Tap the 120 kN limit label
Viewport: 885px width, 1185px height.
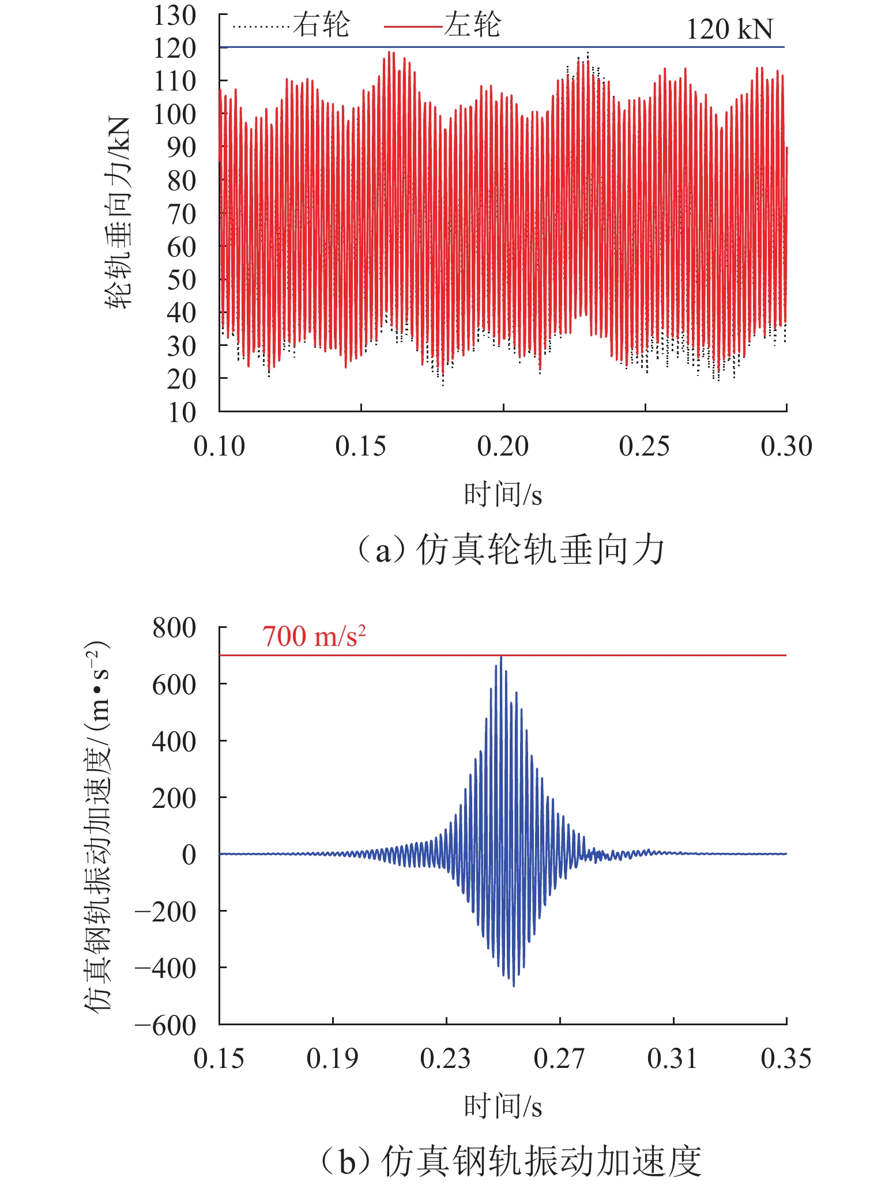[729, 29]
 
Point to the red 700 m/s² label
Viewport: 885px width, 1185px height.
[314, 637]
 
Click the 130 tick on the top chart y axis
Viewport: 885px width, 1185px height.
[175, 16]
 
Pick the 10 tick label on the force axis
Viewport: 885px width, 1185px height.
[182, 413]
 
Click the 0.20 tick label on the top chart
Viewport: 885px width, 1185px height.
[503, 446]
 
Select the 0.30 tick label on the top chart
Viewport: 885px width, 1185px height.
[786, 446]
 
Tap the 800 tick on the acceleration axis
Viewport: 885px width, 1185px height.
[174, 628]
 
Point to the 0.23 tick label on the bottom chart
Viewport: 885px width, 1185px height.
[445, 1059]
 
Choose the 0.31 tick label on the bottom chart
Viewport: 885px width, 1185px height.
[672, 1059]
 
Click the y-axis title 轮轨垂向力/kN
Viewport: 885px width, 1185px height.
[118, 213]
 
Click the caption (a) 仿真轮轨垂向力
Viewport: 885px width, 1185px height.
[510, 550]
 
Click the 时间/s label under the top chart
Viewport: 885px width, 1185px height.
[503, 495]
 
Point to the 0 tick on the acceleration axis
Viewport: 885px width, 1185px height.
[189, 855]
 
